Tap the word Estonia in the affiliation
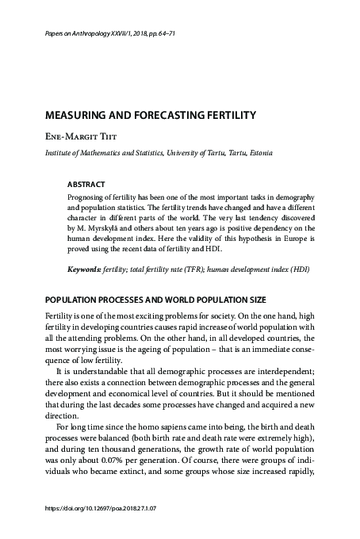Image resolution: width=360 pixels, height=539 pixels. [x=257, y=152]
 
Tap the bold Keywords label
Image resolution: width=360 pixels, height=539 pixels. [x=86, y=269]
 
